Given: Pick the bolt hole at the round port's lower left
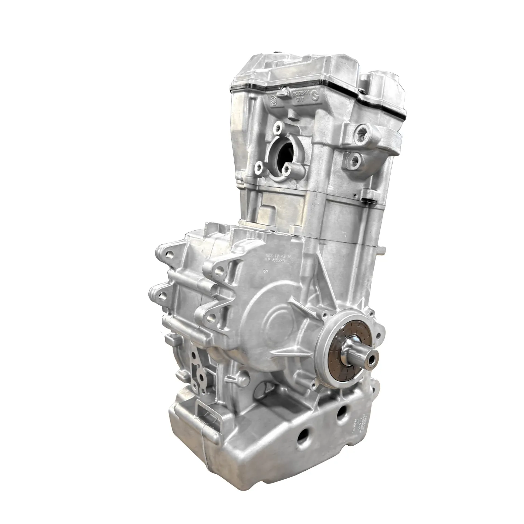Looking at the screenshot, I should coord(260,168).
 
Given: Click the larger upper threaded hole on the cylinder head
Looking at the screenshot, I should coord(360,130).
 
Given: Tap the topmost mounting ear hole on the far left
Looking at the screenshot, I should coord(169,254).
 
